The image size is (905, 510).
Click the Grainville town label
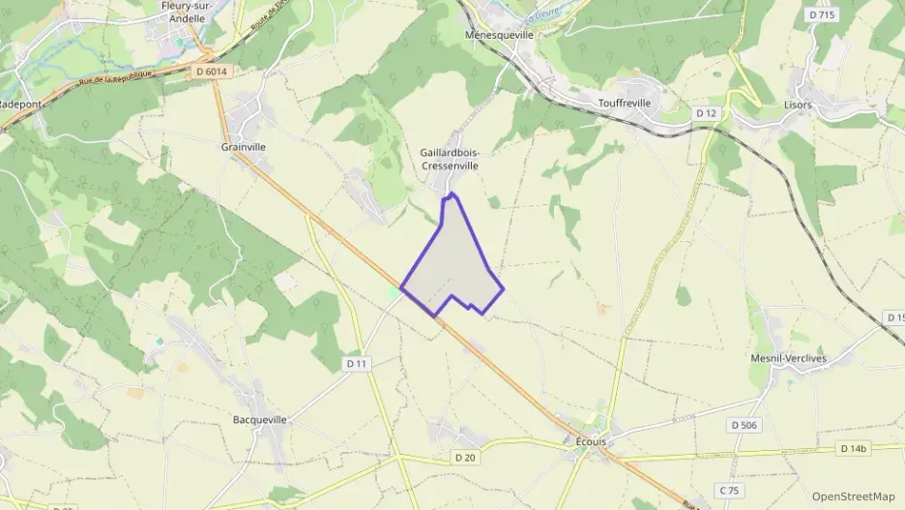(243, 147)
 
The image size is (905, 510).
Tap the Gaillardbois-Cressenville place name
(450, 159)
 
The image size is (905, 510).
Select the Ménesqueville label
(499, 33)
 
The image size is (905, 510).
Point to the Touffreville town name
(626, 103)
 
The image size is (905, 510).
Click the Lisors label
(798, 104)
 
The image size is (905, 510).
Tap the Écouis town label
(590, 440)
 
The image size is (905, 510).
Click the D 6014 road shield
(212, 71)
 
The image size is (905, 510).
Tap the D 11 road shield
(358, 363)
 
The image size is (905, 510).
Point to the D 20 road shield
(465, 457)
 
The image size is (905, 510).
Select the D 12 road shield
(707, 113)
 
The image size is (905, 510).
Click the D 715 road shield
(821, 15)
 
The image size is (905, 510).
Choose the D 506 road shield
(744, 425)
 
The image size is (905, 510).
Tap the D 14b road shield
(855, 448)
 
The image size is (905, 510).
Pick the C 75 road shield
(728, 490)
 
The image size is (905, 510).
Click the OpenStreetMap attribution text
(853, 496)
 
